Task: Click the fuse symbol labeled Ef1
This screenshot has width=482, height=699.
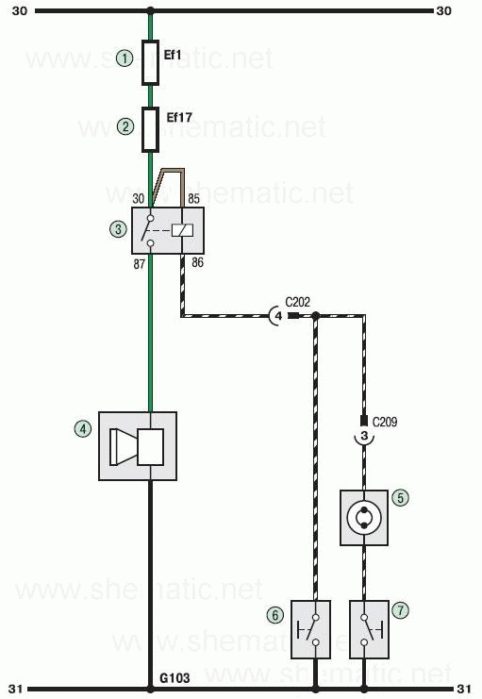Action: (x=150, y=62)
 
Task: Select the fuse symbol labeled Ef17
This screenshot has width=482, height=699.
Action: (x=150, y=129)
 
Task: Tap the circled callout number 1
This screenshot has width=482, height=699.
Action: (x=125, y=58)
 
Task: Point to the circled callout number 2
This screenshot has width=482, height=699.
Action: (x=125, y=126)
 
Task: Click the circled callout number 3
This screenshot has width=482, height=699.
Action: (x=118, y=229)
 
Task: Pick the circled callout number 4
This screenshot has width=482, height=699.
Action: (x=82, y=429)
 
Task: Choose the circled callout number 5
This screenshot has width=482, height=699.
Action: (x=400, y=497)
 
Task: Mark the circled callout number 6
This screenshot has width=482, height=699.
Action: (x=275, y=615)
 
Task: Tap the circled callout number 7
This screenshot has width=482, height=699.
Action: (x=400, y=609)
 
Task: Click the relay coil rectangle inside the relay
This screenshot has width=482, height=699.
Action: (x=183, y=230)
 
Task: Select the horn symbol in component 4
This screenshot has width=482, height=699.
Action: (x=137, y=447)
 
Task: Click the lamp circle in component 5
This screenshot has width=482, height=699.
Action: (x=364, y=518)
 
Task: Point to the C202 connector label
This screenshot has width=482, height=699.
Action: (x=297, y=302)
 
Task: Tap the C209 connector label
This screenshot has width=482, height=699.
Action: (x=384, y=422)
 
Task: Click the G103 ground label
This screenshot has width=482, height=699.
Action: (x=175, y=678)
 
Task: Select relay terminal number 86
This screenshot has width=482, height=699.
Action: (x=197, y=262)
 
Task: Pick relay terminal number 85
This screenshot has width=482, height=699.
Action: (x=194, y=198)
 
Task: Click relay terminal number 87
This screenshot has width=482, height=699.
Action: (x=139, y=264)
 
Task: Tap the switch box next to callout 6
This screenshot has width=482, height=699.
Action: (x=310, y=629)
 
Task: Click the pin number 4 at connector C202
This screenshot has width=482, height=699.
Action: (x=278, y=316)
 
